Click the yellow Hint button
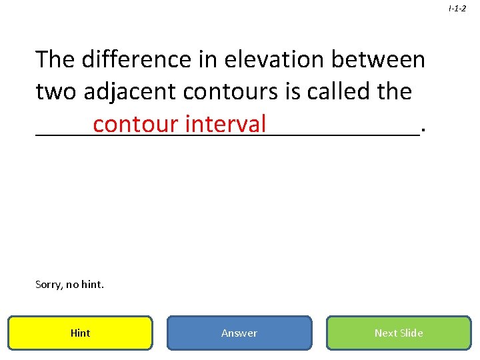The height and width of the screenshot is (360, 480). [80, 333]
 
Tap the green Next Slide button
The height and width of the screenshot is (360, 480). [399, 333]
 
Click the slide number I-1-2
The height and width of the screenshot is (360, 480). [457, 8]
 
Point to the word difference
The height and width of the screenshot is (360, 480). [138, 59]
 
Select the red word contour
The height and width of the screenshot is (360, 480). [136, 124]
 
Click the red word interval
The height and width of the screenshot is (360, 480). [226, 124]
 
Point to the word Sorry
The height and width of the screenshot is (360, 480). [49, 285]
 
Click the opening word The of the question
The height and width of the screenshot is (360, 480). [55, 59]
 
